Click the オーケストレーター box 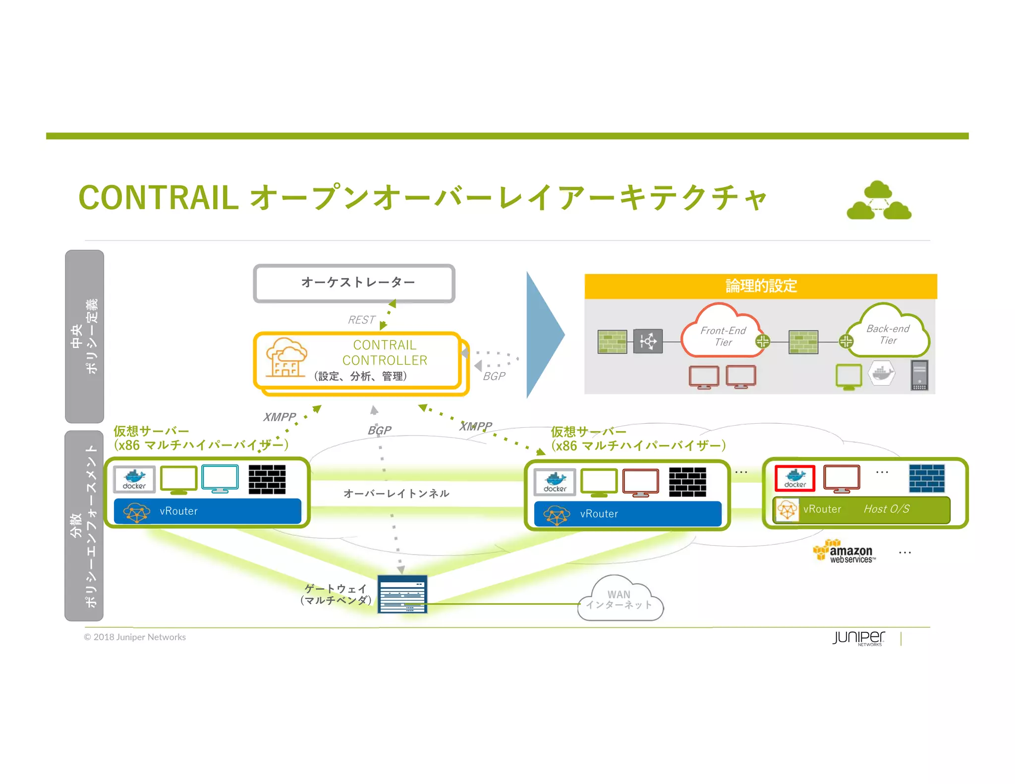[354, 283]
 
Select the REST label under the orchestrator [361, 320]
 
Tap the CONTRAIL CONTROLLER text [385, 352]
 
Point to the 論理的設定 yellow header [760, 286]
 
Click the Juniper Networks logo [858, 637]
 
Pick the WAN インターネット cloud [620, 600]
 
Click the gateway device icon [402, 594]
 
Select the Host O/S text [886, 509]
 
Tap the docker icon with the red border [795, 478]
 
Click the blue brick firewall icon [926, 478]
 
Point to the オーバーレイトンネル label [396, 493]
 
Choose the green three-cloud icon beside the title [879, 201]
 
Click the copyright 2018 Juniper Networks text [135, 637]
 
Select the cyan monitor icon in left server [220, 479]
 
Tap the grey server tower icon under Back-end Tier [919, 375]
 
